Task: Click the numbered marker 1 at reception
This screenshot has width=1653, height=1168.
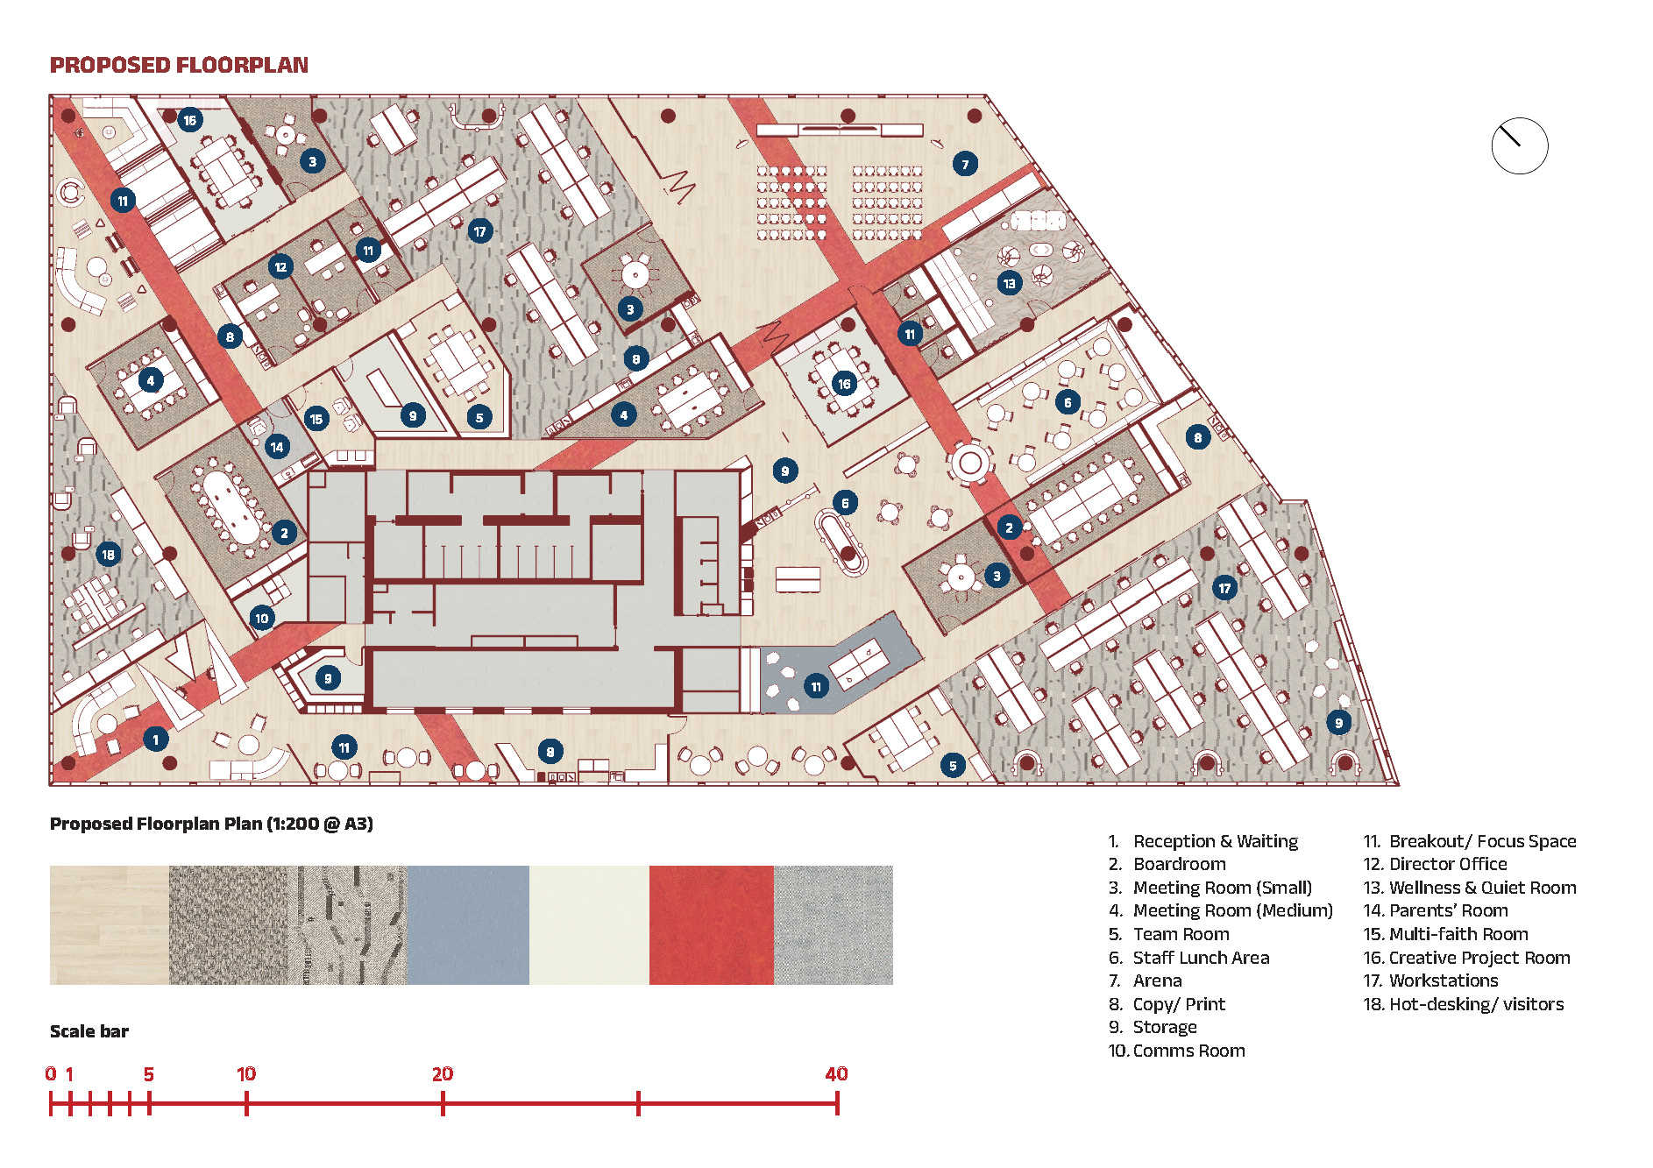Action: point(155,740)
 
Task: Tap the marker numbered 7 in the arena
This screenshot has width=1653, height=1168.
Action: point(965,164)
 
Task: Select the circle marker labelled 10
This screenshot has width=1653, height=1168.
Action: point(261,618)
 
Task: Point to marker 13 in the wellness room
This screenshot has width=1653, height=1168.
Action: point(1009,283)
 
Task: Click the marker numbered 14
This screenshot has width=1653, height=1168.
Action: point(277,447)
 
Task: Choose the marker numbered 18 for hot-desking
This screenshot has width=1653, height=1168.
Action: point(108,554)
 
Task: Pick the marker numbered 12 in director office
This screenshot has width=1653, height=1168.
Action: point(280,266)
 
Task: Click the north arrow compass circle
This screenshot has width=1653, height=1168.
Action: point(1519,146)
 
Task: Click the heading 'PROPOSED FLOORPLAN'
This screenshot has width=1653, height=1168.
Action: point(179,66)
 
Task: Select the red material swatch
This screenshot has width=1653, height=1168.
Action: point(711,924)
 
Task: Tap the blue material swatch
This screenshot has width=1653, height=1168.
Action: point(468,924)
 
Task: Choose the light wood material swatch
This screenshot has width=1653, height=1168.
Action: point(109,924)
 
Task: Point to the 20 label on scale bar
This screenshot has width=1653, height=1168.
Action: point(442,1073)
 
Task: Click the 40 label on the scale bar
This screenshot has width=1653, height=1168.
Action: point(836,1073)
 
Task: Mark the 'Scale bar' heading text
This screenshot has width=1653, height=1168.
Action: point(89,1031)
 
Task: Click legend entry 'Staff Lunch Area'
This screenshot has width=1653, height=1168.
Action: point(1200,958)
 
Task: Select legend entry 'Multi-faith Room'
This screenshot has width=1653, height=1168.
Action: point(1458,934)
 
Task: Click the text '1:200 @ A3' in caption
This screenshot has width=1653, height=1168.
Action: point(321,824)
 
